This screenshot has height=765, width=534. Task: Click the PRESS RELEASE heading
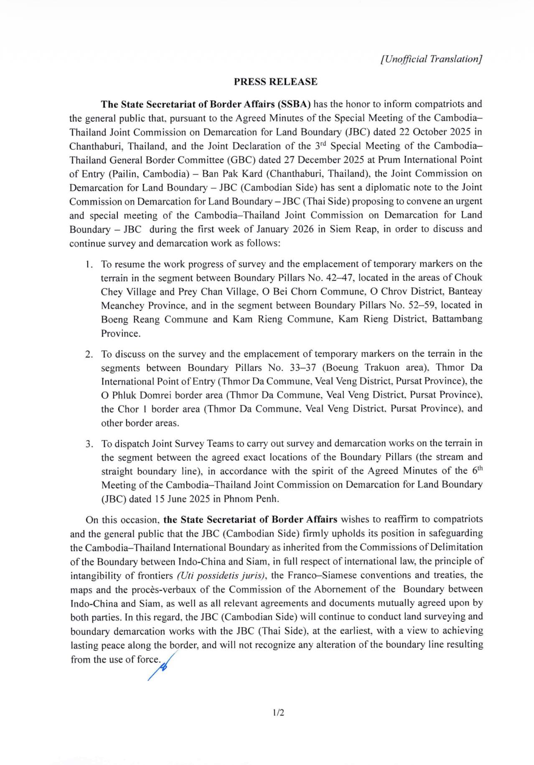(275, 82)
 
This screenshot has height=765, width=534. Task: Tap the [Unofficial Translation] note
(431, 59)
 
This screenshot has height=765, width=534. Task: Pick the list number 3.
(89, 444)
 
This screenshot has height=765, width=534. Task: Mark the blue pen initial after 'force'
(160, 667)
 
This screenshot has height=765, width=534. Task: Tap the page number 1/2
(278, 713)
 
